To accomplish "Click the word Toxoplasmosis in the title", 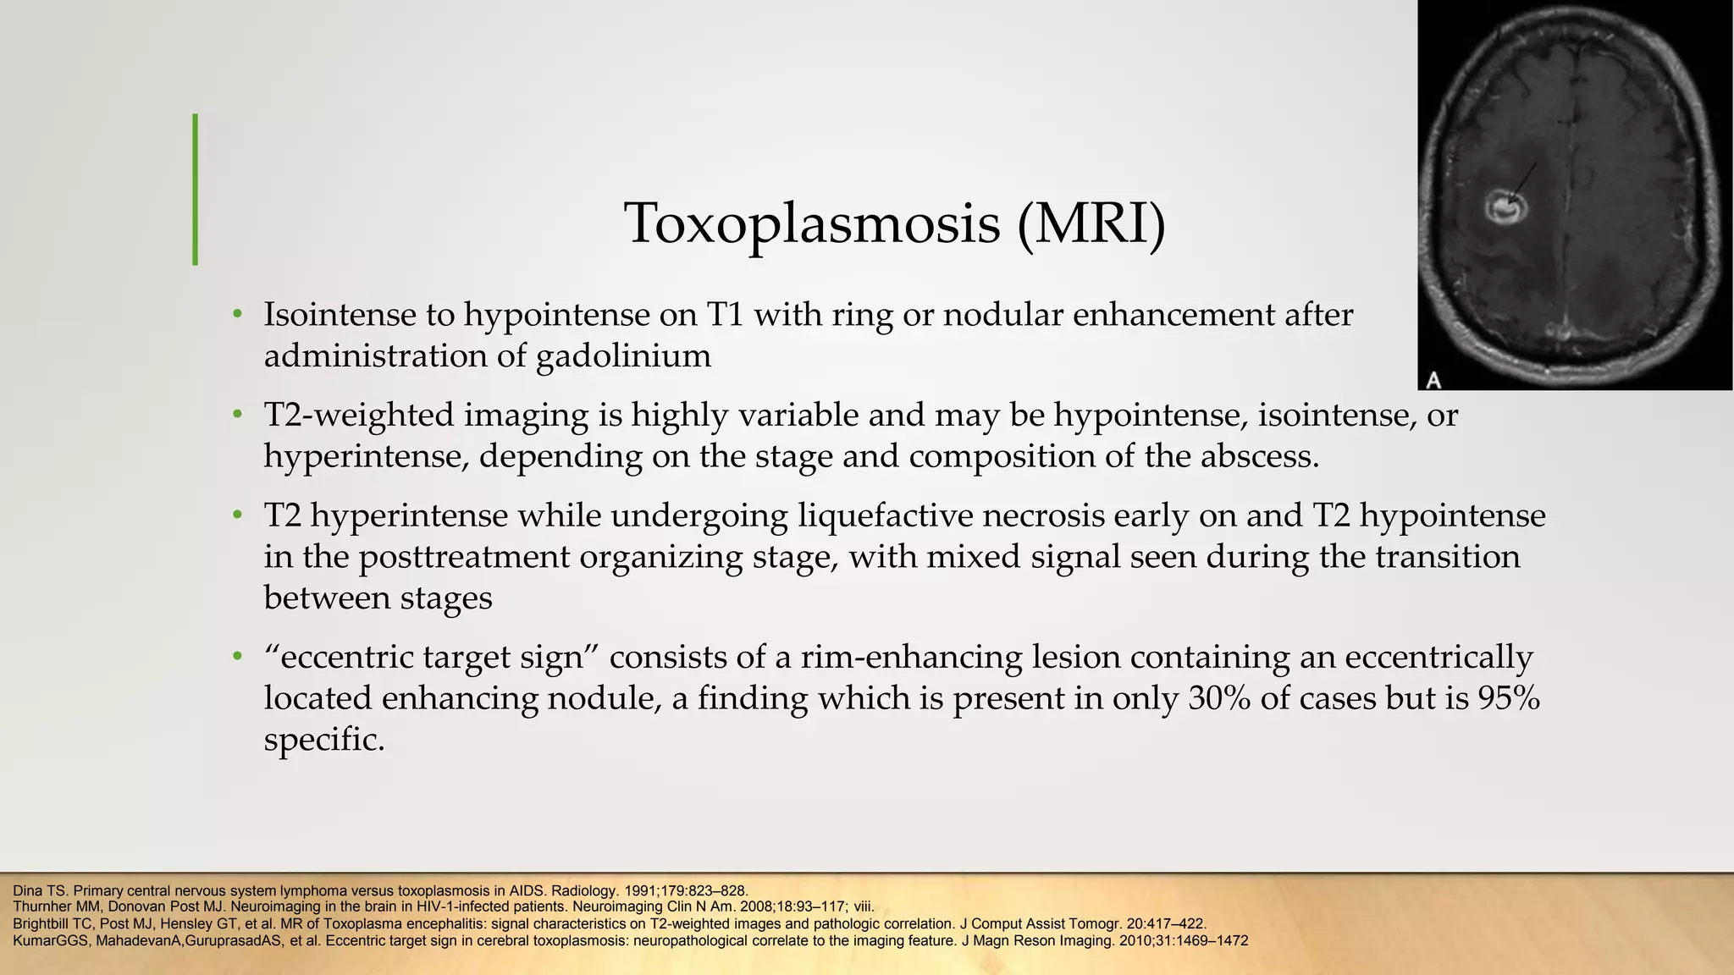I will click(x=812, y=224).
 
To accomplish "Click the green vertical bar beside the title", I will click(x=196, y=190).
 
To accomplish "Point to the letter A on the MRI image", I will click(x=1433, y=380).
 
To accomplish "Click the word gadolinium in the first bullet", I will click(x=624, y=356).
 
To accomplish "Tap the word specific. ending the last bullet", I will click(x=324, y=741).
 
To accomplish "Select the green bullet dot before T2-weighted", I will click(x=239, y=416).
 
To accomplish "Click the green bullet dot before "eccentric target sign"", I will click(x=239, y=658).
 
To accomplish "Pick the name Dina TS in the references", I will click(x=35, y=890).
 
